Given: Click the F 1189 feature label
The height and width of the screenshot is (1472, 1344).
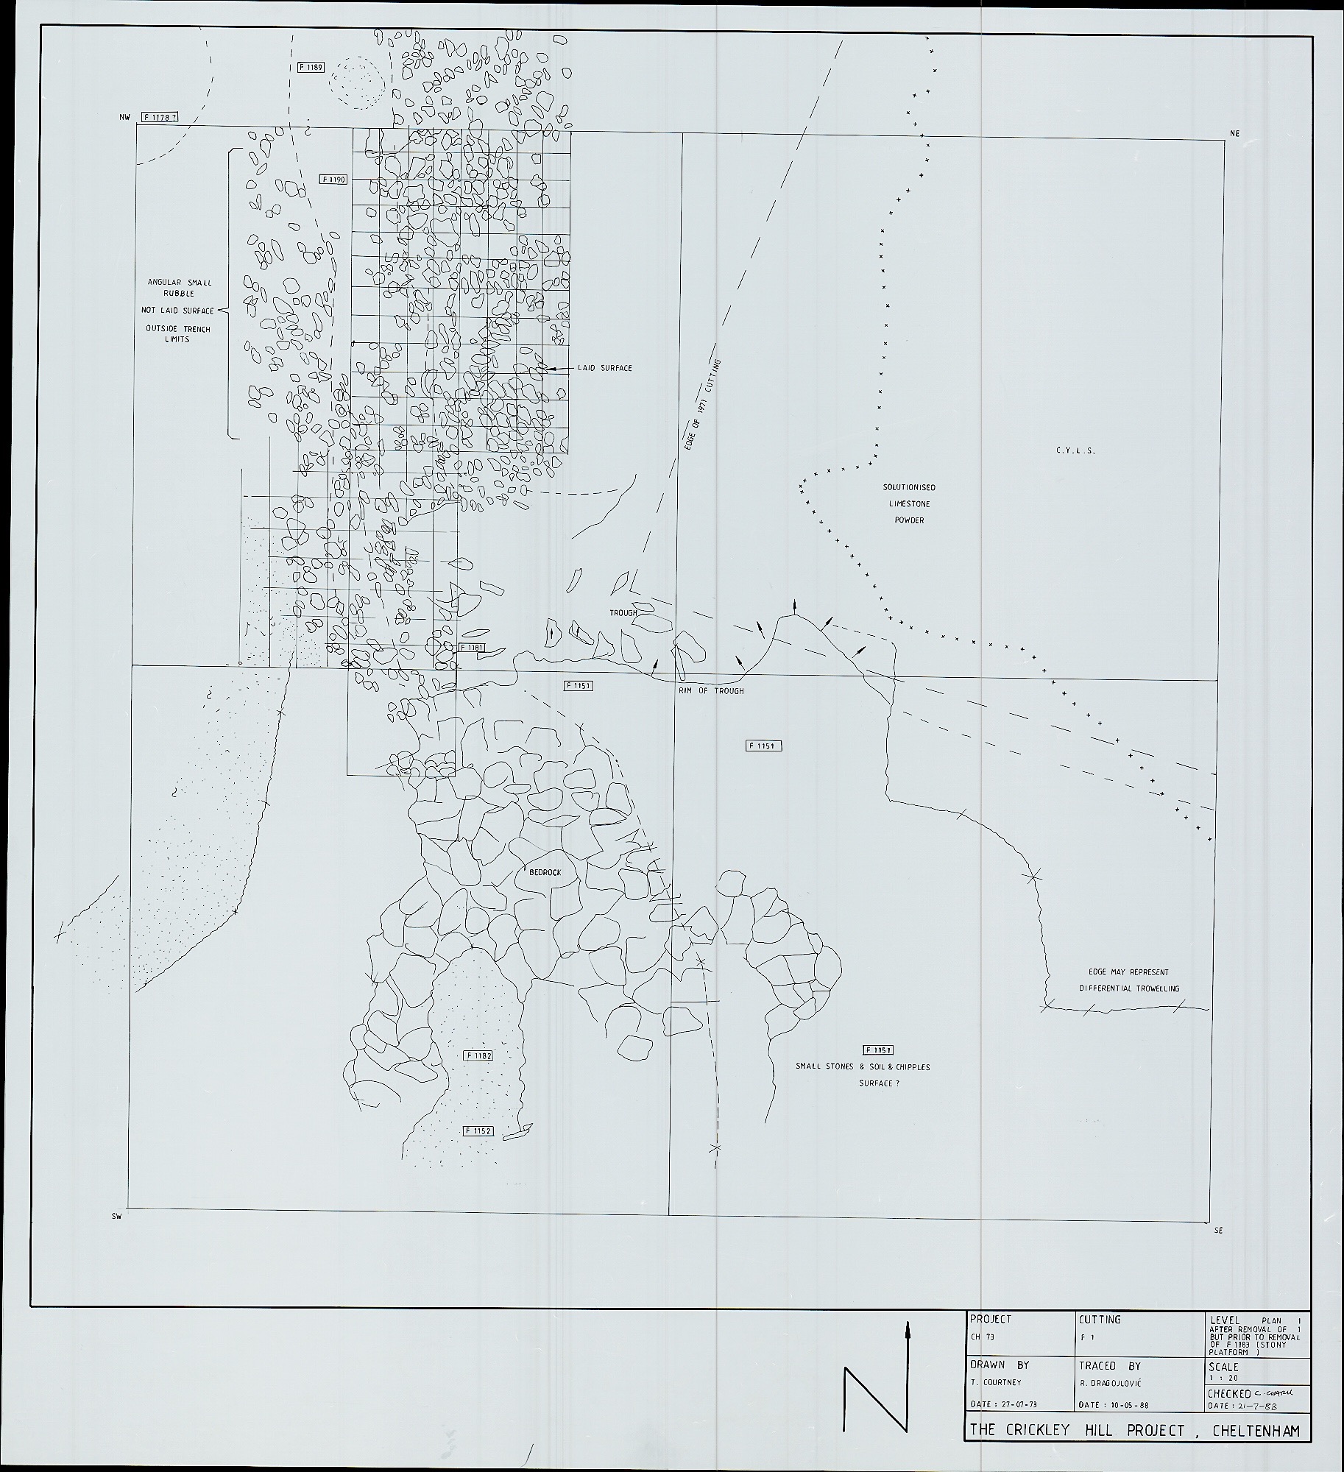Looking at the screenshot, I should tap(311, 67).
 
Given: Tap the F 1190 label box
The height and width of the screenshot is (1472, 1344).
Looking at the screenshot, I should tap(333, 179).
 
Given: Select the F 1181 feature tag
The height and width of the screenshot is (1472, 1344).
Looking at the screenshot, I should tap(471, 647).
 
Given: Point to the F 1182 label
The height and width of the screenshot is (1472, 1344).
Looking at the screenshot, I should tap(478, 1055).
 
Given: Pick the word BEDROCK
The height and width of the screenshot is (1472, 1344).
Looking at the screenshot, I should tap(545, 872).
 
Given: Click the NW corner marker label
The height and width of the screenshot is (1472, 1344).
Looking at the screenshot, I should tap(124, 117).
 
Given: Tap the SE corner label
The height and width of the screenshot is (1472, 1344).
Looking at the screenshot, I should tap(1218, 1230).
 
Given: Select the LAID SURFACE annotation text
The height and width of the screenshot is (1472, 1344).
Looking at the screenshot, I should tap(604, 368).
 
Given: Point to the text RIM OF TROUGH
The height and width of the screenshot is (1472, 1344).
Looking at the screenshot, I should tap(711, 691).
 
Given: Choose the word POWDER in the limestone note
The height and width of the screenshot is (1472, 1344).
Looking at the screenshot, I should tap(909, 520).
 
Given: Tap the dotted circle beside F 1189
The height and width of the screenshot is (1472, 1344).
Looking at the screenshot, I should tap(356, 82).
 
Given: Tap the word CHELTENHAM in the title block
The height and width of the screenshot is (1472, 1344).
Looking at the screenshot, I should tap(1256, 1430).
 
